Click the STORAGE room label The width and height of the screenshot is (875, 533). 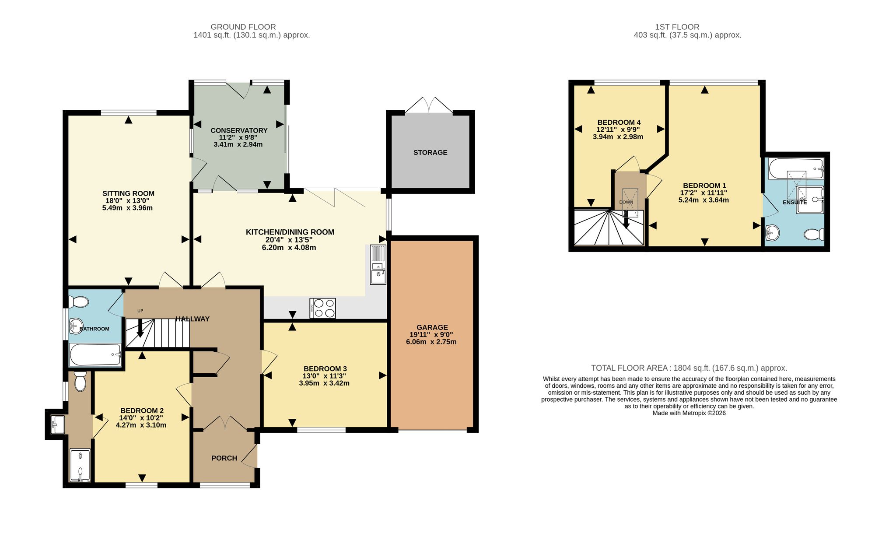tap(430, 152)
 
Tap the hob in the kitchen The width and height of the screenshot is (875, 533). tap(322, 308)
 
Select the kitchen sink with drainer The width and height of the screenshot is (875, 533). tap(378, 264)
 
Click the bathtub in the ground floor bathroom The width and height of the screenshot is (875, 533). tap(95, 354)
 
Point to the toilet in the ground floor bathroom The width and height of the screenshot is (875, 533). tap(79, 302)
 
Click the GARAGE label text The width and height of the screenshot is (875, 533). tap(432, 327)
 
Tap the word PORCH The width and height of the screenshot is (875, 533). tap(224, 458)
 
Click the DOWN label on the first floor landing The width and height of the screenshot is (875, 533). tap(626, 202)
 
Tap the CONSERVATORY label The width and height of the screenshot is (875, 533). tap(239, 130)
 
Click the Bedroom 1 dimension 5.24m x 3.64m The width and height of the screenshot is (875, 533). tap(703, 200)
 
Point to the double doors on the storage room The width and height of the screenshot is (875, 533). tap(429, 105)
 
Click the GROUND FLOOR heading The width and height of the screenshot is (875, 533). tap(243, 27)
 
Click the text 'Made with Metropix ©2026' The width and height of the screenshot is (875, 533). tap(689, 413)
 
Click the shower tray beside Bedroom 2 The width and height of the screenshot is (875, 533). tap(80, 465)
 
